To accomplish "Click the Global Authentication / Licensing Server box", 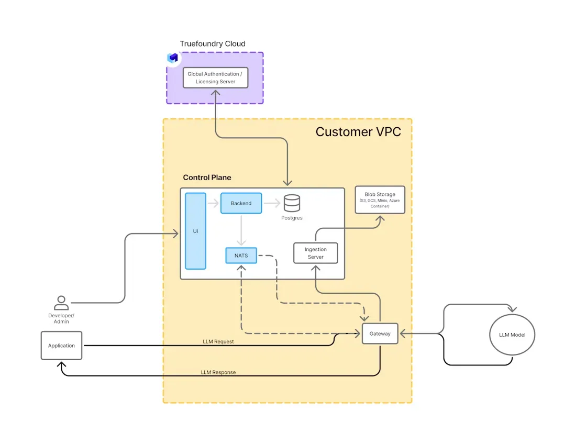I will point(215,78).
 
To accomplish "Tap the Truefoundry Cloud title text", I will point(213,43).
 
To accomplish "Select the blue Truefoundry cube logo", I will point(173,58).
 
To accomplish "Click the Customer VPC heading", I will point(358,131).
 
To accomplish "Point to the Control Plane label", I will point(207,177).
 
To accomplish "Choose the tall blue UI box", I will point(195,230).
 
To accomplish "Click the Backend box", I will point(241,203).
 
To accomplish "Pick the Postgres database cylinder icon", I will point(292,203).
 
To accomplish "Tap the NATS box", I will point(241,256).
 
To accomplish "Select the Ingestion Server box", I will point(315,253).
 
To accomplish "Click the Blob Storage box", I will point(380,199).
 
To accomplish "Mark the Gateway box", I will point(380,334).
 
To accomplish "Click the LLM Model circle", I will point(512,335).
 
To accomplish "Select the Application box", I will point(61,346).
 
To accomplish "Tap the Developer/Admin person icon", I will point(61,303).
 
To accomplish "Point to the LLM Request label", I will point(218,341).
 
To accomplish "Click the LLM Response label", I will point(218,372).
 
